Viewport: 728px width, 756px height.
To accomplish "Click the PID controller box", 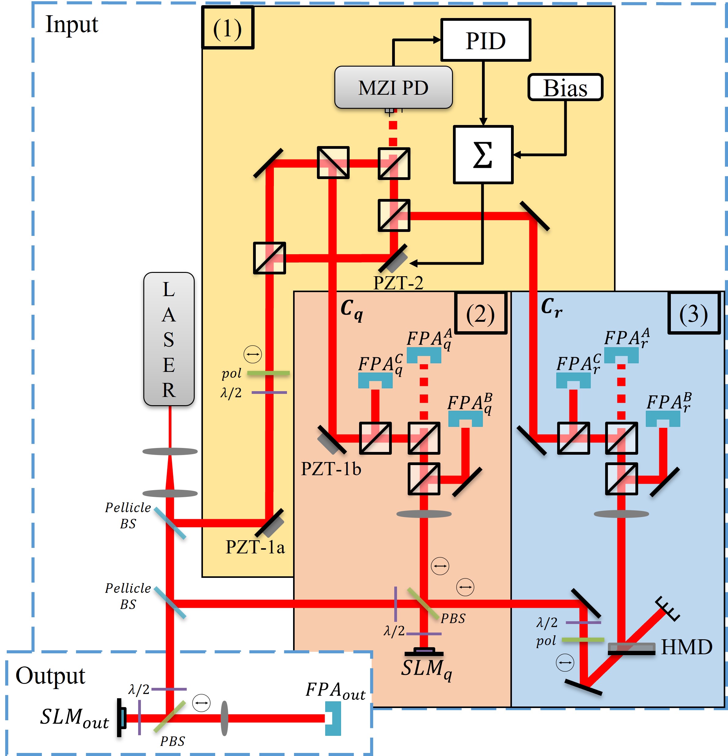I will click(485, 40).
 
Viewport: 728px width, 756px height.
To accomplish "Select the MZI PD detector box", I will click(393, 87).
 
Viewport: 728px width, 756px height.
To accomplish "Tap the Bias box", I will click(565, 88).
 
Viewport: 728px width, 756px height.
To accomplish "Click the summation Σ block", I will click(483, 154).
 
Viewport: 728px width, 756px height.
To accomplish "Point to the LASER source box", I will click(169, 339).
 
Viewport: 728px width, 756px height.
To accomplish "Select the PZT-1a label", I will click(255, 547).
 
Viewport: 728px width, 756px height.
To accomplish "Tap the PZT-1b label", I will click(331, 469).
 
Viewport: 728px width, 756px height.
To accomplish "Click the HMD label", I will click(686, 647).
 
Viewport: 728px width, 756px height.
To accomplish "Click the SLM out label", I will click(75, 718).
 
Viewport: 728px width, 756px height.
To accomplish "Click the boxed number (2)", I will click(480, 314).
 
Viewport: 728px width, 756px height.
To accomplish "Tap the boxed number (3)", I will click(693, 314).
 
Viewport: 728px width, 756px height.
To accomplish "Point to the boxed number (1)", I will click(227, 28).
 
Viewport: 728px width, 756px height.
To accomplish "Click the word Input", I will click(72, 24).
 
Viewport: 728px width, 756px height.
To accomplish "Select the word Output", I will click(50, 676).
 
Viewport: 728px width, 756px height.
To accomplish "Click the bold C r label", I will click(551, 307).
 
